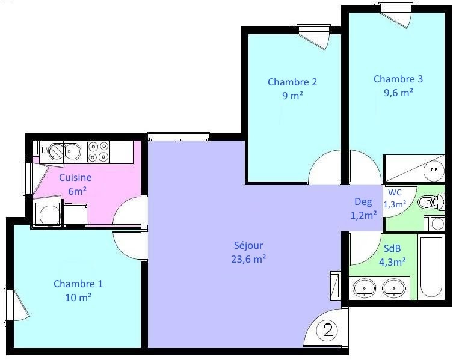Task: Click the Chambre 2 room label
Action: (292, 82)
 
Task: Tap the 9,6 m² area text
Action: (398, 93)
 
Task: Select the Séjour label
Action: (248, 246)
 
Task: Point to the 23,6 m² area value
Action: (248, 260)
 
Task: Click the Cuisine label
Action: (75, 177)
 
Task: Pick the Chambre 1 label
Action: (78, 284)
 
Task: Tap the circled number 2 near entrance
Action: (327, 330)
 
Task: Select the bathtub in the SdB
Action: (431, 266)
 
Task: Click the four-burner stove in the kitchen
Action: (99, 152)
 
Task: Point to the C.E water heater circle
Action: (434, 169)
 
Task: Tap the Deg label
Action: (363, 201)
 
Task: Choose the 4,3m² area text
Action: (392, 262)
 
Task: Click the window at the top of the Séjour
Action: (179, 136)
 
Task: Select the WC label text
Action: (395, 192)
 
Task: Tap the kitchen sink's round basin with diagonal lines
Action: (57, 151)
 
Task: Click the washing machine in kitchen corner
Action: (48, 213)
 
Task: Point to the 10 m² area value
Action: (78, 297)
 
